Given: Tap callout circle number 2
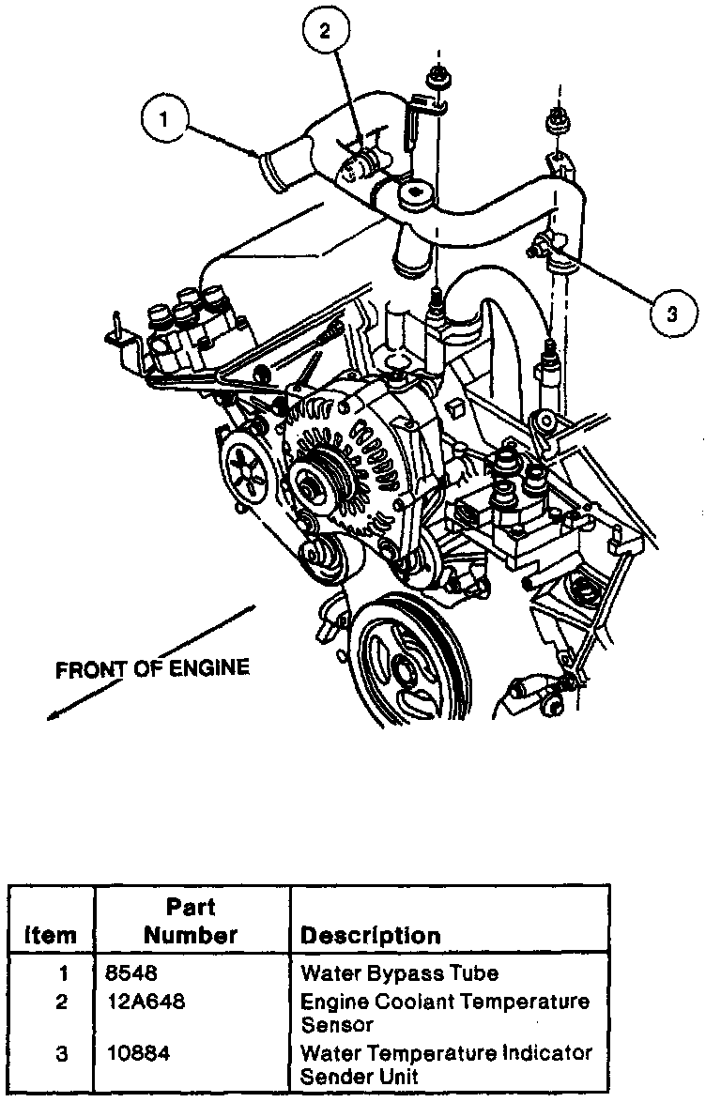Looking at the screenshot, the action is [326, 32].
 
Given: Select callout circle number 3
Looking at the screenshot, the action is [671, 314].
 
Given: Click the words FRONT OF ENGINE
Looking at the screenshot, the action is [152, 669].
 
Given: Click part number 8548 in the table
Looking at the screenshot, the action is [128, 973].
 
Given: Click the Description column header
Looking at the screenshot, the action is [370, 936].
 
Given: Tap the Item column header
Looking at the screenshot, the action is [52, 936].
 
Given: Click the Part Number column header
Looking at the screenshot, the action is [191, 921].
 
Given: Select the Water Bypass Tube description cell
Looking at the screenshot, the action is [399, 973].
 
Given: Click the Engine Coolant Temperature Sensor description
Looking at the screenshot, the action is [444, 1013].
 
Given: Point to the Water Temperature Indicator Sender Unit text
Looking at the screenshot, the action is [446, 1064].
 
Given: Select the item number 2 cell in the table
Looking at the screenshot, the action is [61, 1003].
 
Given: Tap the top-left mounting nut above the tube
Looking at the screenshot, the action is [437, 74].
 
